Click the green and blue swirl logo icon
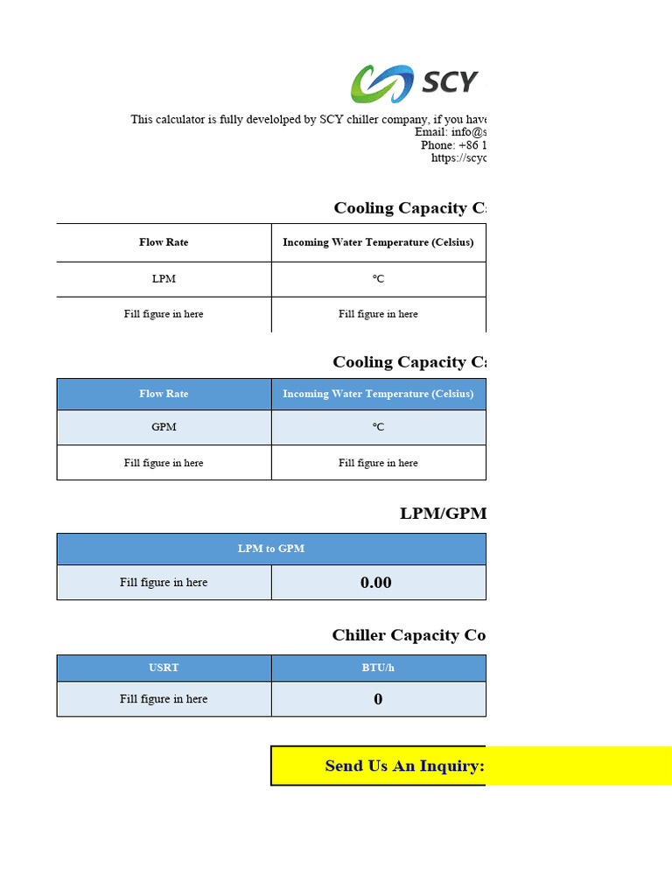point(382,84)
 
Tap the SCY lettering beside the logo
point(450,83)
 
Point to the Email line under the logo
point(450,132)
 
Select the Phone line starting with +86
point(453,145)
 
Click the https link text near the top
point(458,158)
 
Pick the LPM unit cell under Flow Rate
point(164,279)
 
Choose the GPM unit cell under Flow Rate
point(164,427)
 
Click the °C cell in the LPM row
point(378,279)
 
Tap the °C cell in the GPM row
point(378,427)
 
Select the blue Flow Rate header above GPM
point(164,394)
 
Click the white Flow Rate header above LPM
point(164,242)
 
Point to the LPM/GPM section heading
point(443,514)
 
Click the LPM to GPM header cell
point(271,549)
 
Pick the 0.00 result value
point(376,583)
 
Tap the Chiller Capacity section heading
point(409,635)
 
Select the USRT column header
point(164,668)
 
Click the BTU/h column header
point(378,668)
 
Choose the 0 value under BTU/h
point(378,699)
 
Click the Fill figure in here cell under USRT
point(164,699)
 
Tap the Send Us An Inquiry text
point(404,766)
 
